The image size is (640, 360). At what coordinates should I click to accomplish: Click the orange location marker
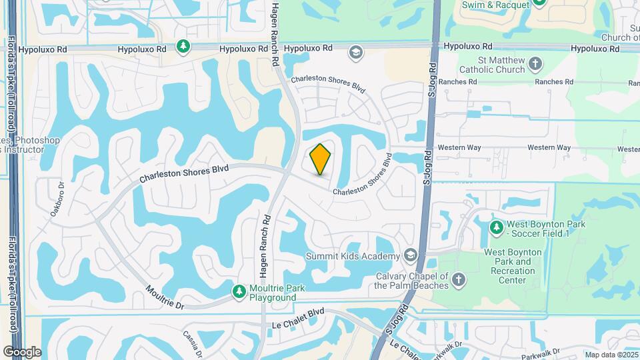coord(320,159)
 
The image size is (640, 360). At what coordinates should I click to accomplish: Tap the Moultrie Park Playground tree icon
coord(239,291)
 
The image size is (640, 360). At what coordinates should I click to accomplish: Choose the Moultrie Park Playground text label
coord(273,293)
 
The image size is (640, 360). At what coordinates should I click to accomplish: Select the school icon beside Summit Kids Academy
coord(411,256)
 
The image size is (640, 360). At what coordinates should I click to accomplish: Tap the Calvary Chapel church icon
coord(459,279)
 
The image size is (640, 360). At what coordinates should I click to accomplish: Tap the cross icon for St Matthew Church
coord(535,65)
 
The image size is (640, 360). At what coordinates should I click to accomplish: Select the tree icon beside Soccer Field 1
coord(496,228)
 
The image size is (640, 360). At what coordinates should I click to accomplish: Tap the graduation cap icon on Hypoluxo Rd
coord(357,52)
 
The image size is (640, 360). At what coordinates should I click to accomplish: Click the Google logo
coord(22,351)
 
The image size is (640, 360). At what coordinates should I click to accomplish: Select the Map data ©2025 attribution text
coord(611,355)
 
